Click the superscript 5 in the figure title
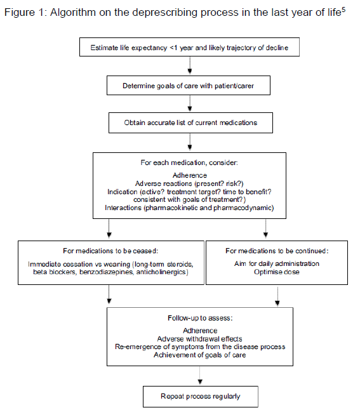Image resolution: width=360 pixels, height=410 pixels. tap(343, 10)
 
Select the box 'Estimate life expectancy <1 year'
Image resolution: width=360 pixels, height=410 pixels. tap(189, 47)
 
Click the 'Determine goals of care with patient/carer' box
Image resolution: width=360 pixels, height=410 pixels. tap(189, 86)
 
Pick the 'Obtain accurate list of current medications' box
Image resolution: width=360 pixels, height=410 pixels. tap(190, 122)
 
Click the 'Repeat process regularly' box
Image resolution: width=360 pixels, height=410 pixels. tap(201, 397)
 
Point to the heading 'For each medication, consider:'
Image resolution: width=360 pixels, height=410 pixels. tap(189, 162)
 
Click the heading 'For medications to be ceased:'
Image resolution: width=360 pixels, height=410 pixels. tap(110, 251)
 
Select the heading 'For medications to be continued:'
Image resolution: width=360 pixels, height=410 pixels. tap(277, 251)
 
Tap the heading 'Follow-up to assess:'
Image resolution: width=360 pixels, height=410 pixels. tap(200, 318)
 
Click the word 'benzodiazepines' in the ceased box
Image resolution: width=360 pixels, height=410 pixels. tap(107, 272)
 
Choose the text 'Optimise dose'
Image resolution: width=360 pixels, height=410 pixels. tap(277, 272)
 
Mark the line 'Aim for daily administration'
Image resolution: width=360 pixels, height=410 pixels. tap(277, 263)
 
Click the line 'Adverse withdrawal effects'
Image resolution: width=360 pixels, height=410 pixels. tap(199, 339)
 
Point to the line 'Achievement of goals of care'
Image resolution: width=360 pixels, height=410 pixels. tap(199, 355)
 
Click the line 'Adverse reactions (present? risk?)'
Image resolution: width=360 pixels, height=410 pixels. tap(189, 183)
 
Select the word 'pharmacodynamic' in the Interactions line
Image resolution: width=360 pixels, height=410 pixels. tap(243, 208)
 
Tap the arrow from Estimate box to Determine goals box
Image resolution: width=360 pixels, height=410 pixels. tap(190, 65)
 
